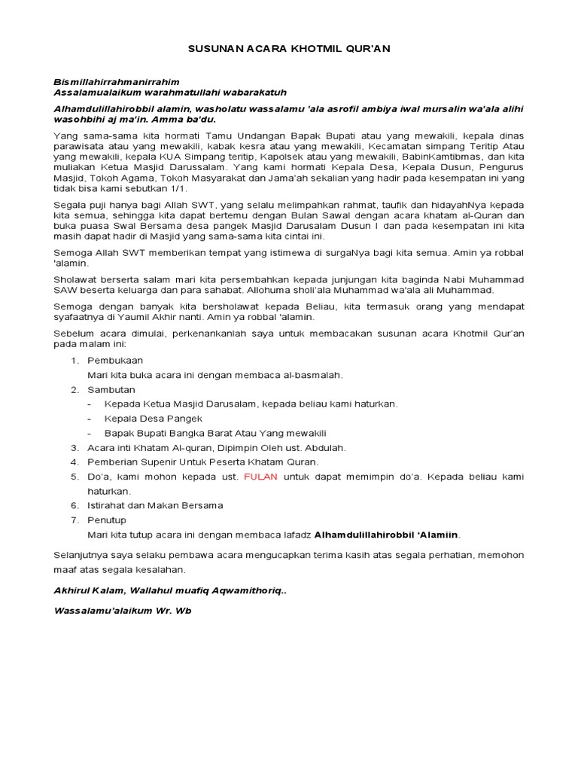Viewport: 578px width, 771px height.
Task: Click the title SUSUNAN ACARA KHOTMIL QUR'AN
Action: pos(289,48)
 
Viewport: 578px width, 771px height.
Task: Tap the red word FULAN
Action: pos(260,477)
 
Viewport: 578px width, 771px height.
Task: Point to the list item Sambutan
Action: pos(111,389)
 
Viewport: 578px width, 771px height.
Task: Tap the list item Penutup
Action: pos(107,520)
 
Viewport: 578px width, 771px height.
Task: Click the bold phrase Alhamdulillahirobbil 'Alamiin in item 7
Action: pos(386,535)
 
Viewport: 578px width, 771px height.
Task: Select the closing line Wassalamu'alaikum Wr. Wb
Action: pos(123,611)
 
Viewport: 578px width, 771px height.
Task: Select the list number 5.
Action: pos(75,477)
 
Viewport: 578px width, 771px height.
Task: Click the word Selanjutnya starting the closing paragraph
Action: pos(82,555)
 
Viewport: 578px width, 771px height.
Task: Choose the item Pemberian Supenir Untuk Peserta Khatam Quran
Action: pos(202,462)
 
